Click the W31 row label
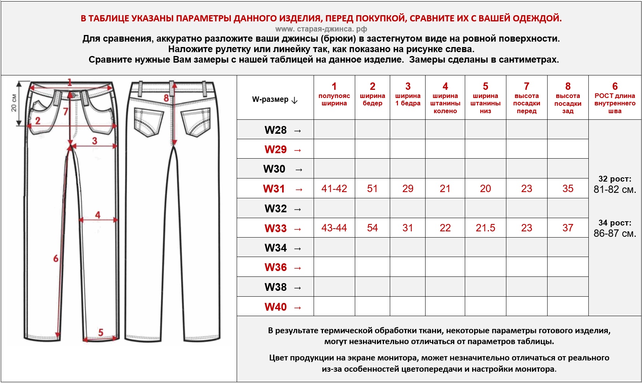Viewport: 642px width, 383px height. pyautogui.click(x=274, y=189)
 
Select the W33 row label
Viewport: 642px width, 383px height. pyautogui.click(x=276, y=228)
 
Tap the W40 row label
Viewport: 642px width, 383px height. pyautogui.click(x=276, y=307)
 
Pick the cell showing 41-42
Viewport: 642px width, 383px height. pyautogui.click(x=334, y=189)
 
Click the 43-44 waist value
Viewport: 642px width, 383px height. pyautogui.click(x=334, y=228)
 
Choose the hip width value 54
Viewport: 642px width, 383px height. pyautogui.click(x=372, y=228)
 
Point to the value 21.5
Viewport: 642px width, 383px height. pyautogui.click(x=485, y=228)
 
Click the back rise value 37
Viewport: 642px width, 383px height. pyautogui.click(x=568, y=228)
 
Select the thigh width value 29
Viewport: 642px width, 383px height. pyautogui.click(x=408, y=189)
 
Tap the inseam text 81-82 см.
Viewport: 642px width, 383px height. pyautogui.click(x=614, y=190)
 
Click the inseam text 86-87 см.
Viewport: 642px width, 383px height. pyautogui.click(x=614, y=234)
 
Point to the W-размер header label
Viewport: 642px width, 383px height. pyautogui.click(x=270, y=100)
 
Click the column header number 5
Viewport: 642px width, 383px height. pyautogui.click(x=485, y=86)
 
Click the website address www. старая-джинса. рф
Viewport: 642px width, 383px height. pyautogui.click(x=321, y=29)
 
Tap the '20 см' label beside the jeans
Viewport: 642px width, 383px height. pyautogui.click(x=14, y=103)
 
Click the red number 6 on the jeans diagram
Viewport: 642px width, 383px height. pyautogui.click(x=56, y=258)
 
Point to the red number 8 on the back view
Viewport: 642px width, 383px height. pyautogui.click(x=166, y=98)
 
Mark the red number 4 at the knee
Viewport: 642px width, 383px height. pyautogui.click(x=98, y=215)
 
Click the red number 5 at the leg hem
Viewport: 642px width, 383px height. pyautogui.click(x=101, y=332)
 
